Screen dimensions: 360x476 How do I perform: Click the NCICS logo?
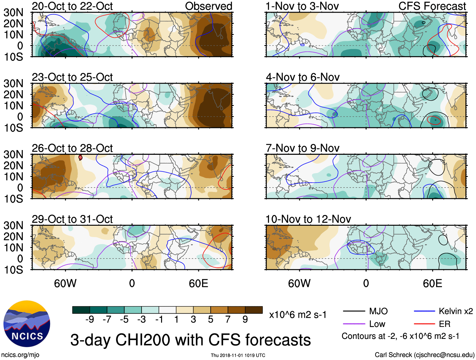27,324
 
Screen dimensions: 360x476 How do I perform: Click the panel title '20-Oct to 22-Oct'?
72,6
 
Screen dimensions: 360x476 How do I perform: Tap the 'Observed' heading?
208,6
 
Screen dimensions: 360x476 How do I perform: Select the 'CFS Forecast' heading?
432,6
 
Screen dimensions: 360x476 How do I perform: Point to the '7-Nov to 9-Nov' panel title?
302,148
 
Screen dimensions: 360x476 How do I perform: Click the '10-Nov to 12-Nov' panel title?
308,219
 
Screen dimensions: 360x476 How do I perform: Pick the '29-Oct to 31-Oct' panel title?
72,219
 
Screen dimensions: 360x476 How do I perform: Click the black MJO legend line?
354,311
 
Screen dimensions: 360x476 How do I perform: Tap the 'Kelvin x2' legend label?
456,311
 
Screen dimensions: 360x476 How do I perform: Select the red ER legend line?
424,324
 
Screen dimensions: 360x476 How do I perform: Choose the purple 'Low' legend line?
354,324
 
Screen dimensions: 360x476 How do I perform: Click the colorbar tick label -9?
90,320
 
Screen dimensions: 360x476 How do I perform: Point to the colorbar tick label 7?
228,320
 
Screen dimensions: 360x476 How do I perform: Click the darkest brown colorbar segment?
254,310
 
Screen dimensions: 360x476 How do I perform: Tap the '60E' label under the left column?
198,283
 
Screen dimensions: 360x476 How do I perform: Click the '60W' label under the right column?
299,283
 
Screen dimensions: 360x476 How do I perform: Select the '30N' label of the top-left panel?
13,13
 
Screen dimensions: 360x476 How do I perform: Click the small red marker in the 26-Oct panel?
80,157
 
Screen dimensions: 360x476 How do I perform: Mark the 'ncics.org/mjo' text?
20,355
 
